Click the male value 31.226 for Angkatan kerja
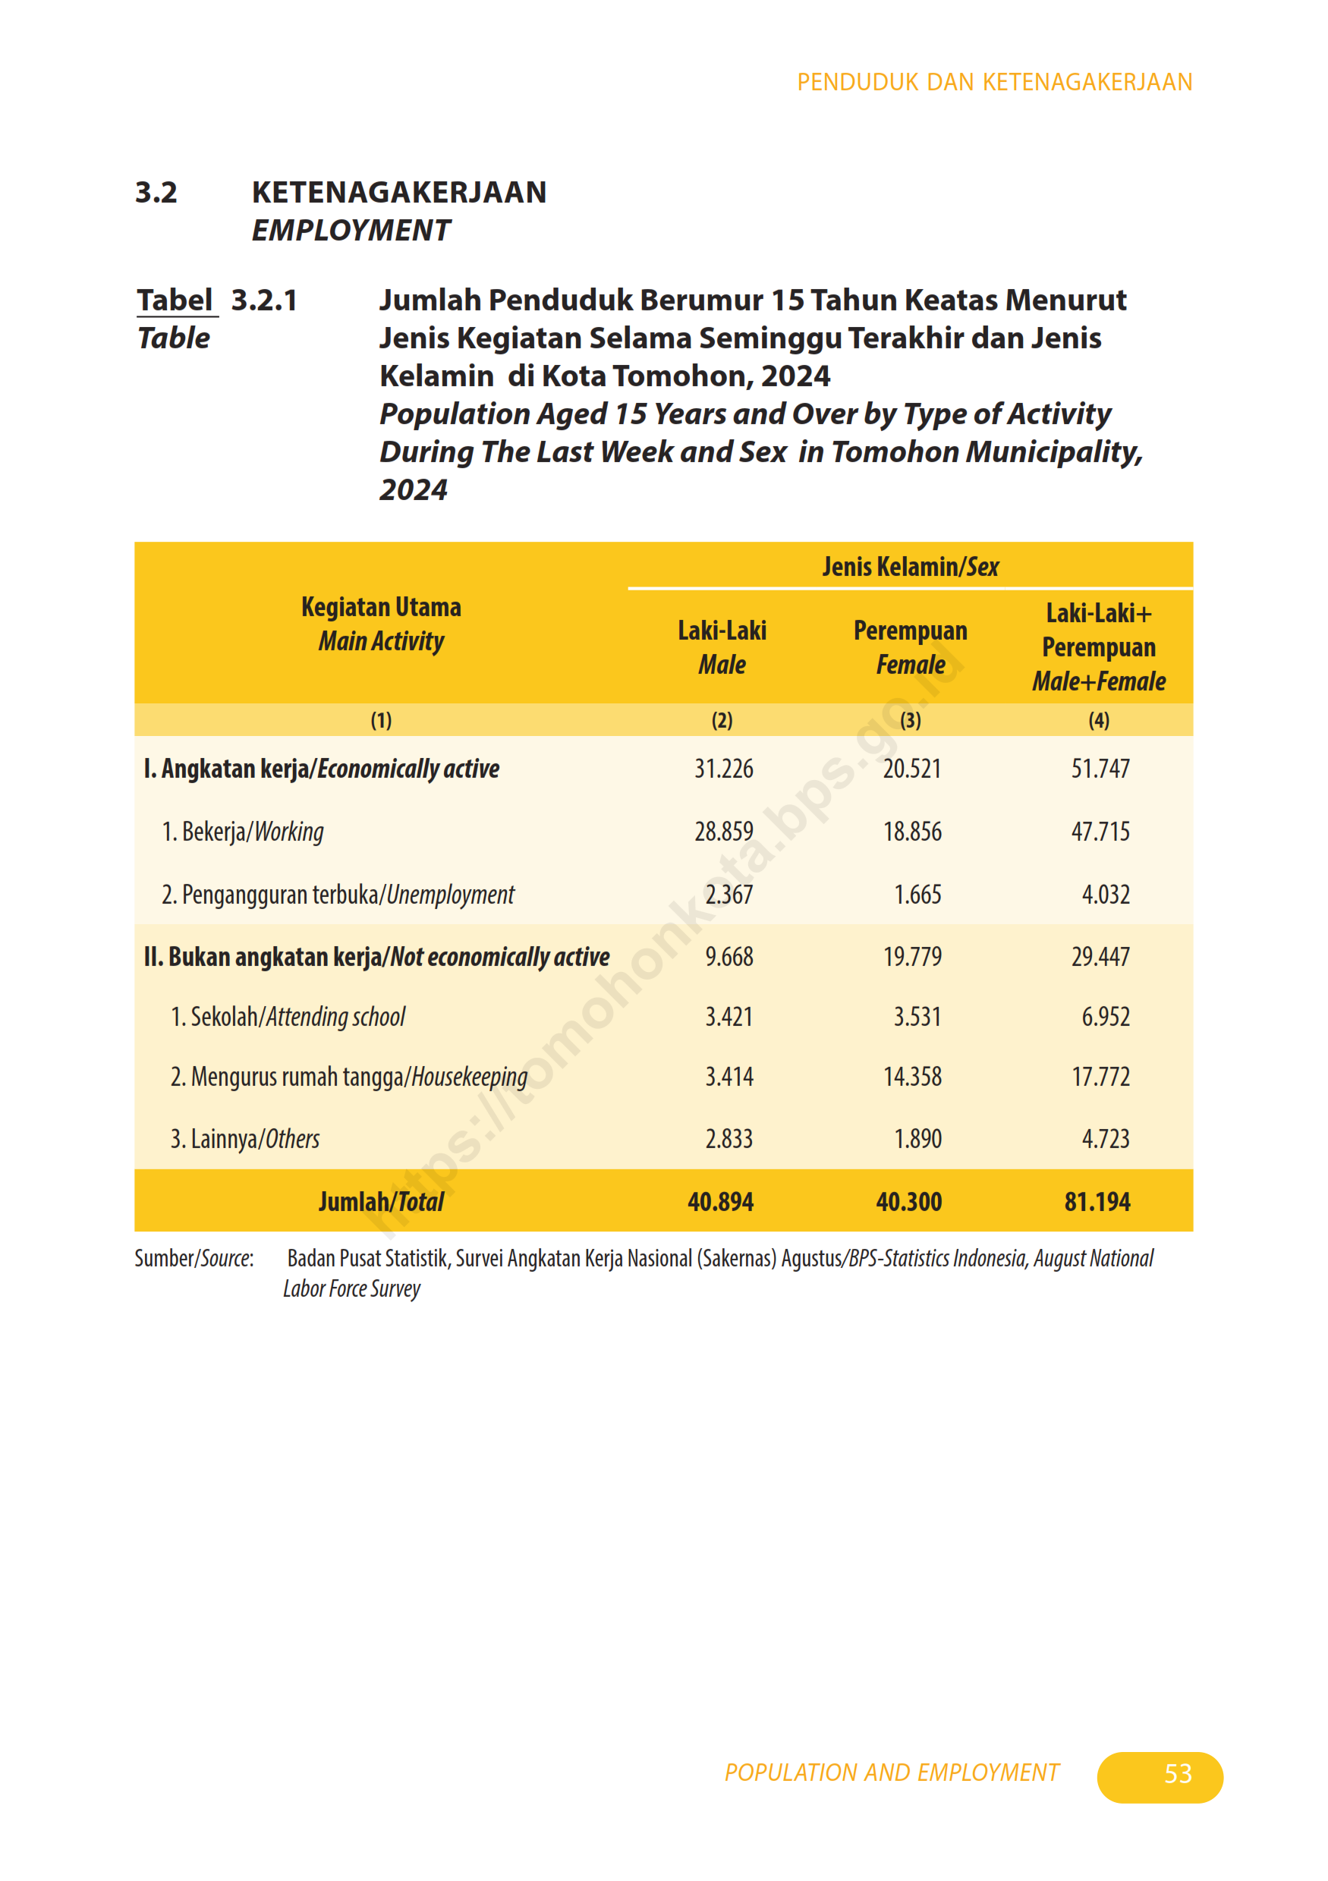coord(723,769)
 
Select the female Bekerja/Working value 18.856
coord(912,832)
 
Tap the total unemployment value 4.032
coord(1105,894)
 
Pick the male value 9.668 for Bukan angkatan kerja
coord(729,956)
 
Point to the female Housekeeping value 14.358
coord(912,1077)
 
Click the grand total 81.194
coord(1097,1202)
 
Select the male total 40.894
coord(720,1202)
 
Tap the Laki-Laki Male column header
coord(722,647)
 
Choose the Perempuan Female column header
coord(910,647)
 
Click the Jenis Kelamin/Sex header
coord(910,567)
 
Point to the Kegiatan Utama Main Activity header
coord(381,624)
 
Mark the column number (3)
coord(910,720)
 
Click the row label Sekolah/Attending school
coord(288,1017)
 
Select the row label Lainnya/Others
coord(245,1139)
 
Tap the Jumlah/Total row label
coord(381,1202)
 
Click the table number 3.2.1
coord(264,300)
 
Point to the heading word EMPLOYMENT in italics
coord(351,231)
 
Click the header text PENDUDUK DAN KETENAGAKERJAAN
coord(994,83)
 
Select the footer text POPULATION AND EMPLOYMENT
coord(892,1772)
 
